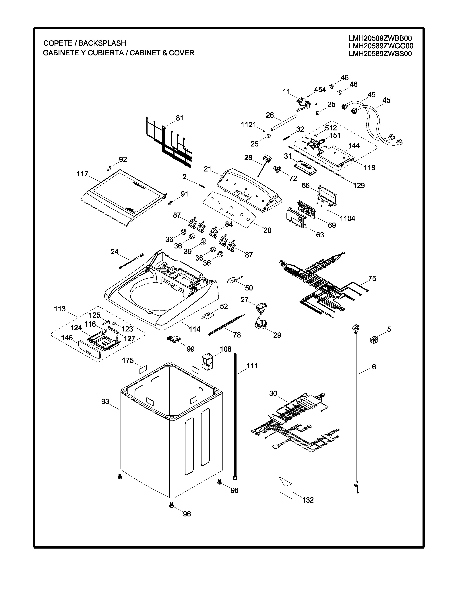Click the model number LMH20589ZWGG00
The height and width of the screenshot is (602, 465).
coord(381,46)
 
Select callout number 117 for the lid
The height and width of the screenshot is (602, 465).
coord(82,174)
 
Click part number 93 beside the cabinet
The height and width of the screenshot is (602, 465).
coord(105,402)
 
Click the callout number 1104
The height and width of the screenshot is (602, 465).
coord(347,219)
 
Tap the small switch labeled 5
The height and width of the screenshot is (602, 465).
coord(373,339)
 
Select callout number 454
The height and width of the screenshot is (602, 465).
coord(320,90)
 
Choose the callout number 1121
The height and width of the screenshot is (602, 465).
coord(249,125)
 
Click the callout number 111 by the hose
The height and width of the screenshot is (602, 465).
coord(252,366)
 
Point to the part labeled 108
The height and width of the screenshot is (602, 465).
coord(208,362)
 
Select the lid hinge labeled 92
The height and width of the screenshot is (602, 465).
coord(109,168)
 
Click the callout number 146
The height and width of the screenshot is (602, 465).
coord(67,338)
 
